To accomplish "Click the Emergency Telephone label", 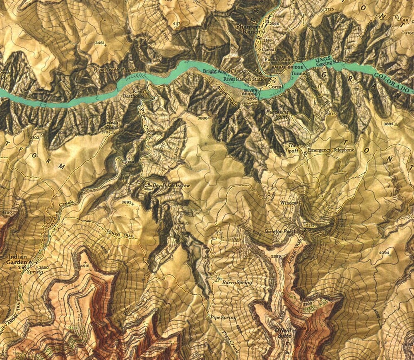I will pyautogui.click(x=331, y=150).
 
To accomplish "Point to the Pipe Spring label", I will pyautogui.click(x=224, y=318).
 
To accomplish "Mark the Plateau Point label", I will pyautogui.click(x=109, y=125).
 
